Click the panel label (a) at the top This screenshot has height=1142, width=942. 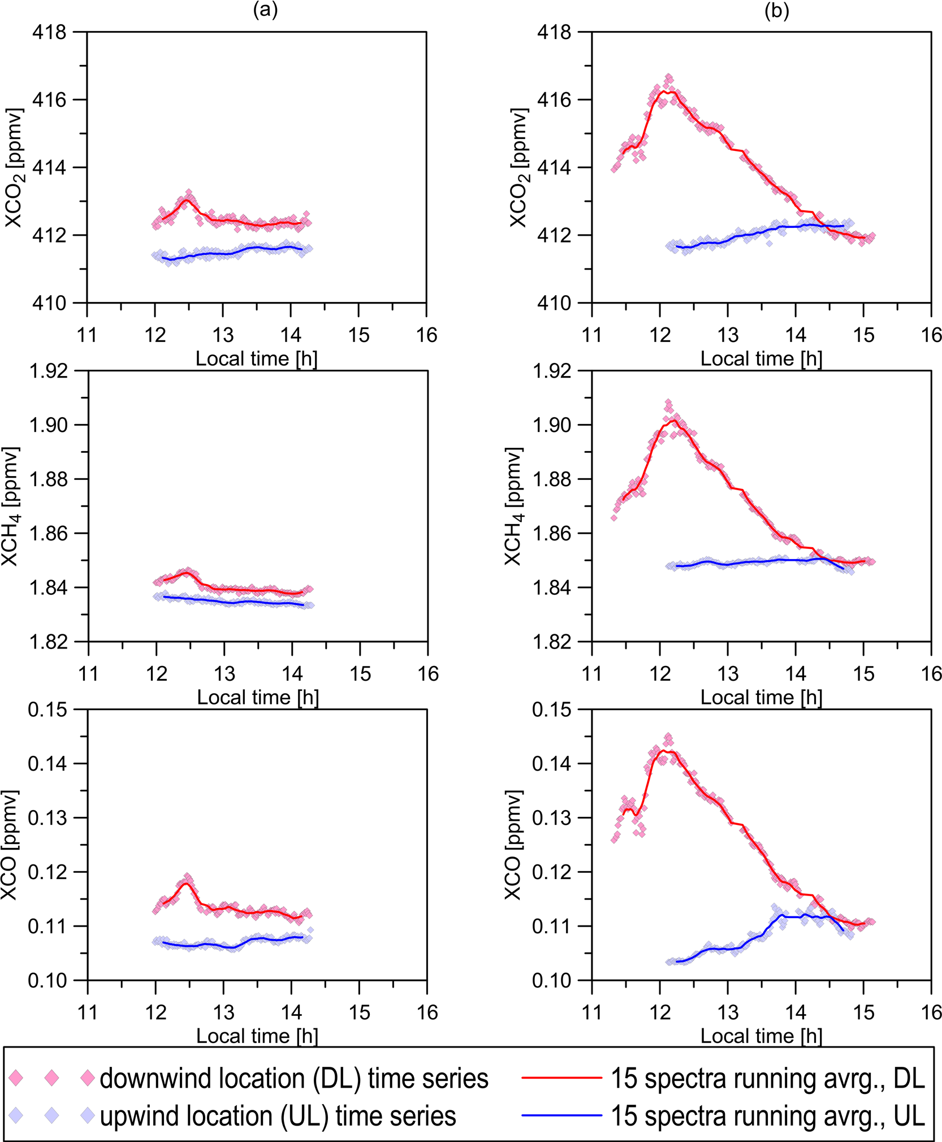(x=265, y=11)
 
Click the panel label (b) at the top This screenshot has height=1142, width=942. (x=776, y=11)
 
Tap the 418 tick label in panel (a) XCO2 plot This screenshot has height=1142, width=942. (x=49, y=33)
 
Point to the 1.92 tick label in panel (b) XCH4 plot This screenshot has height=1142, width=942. (x=552, y=371)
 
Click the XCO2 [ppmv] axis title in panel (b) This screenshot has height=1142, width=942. (x=518, y=168)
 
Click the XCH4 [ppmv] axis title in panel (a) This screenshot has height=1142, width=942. (x=11, y=506)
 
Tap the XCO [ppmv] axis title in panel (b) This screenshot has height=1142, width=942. (x=513, y=845)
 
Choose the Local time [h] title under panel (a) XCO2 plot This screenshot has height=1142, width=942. (x=256, y=358)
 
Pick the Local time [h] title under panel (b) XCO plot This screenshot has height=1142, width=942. (x=761, y=1036)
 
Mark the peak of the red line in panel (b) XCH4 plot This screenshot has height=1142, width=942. (x=673, y=420)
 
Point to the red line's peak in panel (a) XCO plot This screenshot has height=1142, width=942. (x=186, y=883)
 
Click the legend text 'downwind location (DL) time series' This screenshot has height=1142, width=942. (x=293, y=1079)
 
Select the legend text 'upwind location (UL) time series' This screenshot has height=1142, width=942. (x=278, y=1116)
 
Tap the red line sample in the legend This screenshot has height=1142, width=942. (x=561, y=1078)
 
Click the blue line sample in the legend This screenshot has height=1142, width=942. (x=561, y=1115)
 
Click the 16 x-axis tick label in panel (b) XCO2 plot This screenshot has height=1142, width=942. (x=931, y=335)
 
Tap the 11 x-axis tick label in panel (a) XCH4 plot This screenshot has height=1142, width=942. (x=88, y=674)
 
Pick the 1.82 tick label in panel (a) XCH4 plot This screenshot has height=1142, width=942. (x=47, y=642)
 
